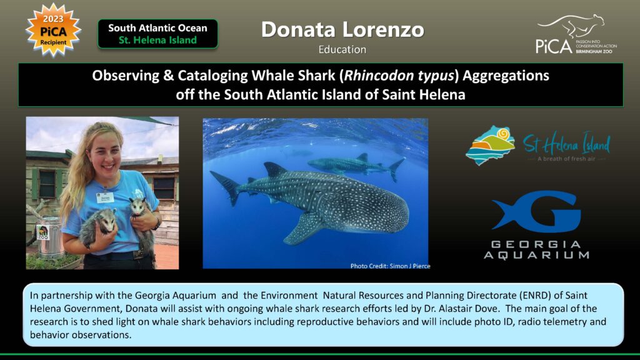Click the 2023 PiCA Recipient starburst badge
coord(53,30)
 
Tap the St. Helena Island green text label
coord(157,40)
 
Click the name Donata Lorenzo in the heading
coord(342,29)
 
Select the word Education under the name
coord(342,49)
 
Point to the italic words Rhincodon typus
coord(399,76)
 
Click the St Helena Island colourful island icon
coord(490,145)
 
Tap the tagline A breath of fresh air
coord(566,159)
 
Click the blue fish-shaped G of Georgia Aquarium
coord(536,211)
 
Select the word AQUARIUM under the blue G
coord(537,256)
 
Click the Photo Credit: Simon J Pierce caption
coord(390,266)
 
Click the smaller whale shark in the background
coord(356,165)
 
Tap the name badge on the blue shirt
coord(105,197)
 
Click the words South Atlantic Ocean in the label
coord(157,28)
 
